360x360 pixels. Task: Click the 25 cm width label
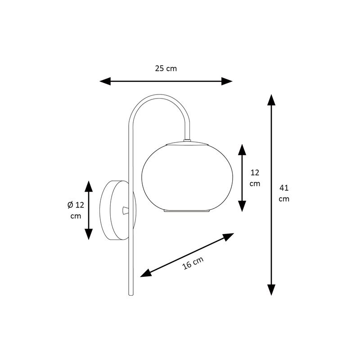166,68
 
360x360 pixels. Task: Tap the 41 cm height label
284,193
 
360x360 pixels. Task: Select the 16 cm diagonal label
193,263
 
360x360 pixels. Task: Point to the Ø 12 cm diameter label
76,210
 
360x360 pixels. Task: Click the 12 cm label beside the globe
255,178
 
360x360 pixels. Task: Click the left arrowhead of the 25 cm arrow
105,81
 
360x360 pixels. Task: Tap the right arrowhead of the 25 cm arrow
227,81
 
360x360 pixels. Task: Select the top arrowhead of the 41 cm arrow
271,100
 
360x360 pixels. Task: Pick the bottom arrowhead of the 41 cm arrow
271,290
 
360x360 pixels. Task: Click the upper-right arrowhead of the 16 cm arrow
228,237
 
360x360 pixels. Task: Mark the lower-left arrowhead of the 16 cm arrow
146,273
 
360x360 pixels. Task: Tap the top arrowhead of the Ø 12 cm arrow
89,186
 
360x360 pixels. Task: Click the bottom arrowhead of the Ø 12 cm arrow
89,234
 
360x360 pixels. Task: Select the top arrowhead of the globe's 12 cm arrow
242,150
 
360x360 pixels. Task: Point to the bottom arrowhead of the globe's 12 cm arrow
242,206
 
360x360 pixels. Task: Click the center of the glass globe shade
187,177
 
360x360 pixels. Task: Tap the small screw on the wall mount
126,210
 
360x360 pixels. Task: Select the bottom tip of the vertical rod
131,295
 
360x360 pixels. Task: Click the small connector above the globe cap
187,140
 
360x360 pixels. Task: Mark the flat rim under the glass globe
187,211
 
